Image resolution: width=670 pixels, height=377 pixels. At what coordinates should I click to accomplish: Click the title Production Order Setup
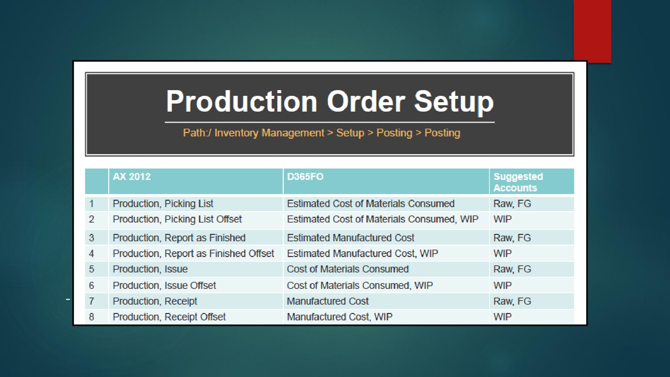click(x=330, y=102)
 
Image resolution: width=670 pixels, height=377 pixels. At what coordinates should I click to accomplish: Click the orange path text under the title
click(x=322, y=133)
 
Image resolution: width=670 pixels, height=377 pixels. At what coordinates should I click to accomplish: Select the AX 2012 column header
click(x=132, y=177)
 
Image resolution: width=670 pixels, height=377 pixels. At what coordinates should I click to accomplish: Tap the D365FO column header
click(x=305, y=177)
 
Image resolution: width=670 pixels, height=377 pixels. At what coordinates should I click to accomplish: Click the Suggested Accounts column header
click(x=518, y=182)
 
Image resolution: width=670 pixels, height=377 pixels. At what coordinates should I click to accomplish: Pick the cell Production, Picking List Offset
click(x=177, y=219)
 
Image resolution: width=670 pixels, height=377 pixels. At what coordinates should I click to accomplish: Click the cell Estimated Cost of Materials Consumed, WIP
click(x=383, y=219)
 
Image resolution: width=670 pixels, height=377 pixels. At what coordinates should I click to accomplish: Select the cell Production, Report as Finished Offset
click(x=193, y=253)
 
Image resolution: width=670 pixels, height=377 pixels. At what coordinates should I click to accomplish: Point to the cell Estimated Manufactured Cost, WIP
click(x=362, y=253)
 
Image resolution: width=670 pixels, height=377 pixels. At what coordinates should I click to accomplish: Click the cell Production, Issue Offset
click(x=164, y=285)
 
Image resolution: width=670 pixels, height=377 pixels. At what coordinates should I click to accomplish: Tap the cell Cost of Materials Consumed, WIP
click(x=360, y=285)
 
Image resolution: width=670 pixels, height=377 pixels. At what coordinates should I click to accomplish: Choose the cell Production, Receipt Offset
click(x=169, y=317)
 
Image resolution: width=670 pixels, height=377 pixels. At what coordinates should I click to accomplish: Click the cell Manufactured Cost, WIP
click(x=340, y=317)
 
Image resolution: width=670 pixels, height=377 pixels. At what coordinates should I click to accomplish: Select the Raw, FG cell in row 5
click(x=512, y=269)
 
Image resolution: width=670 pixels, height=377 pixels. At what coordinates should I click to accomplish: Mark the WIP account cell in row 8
click(x=503, y=317)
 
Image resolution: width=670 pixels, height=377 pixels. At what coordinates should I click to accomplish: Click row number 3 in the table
click(x=91, y=238)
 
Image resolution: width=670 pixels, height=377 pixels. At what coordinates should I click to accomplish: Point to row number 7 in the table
click(x=91, y=301)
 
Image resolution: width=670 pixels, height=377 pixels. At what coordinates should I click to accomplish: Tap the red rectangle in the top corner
click(x=592, y=31)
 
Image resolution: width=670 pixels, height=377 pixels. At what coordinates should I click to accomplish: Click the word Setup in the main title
click(x=454, y=102)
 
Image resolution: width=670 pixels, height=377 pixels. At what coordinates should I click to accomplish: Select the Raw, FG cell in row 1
click(x=512, y=203)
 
